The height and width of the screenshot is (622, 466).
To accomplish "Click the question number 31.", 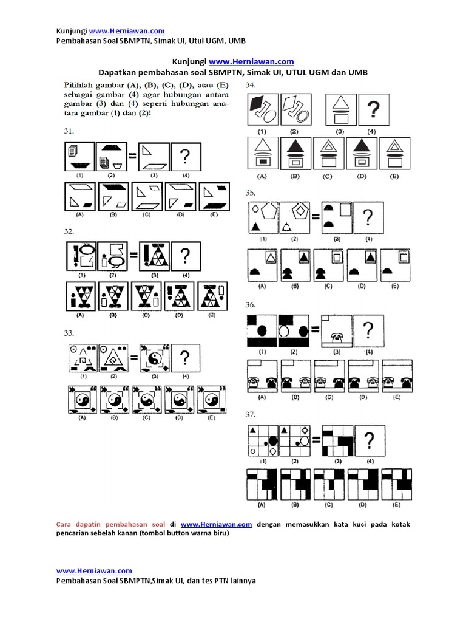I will tap(69, 131).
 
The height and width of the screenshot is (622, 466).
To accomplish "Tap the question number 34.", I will tap(251, 86).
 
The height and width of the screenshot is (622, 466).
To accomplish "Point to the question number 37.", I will tap(251, 414).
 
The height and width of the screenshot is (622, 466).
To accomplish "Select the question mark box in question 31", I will tap(186, 157).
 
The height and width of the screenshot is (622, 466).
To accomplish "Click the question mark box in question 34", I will tap(374, 109).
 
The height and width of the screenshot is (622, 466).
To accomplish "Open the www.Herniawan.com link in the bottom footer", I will tap(94, 570).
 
